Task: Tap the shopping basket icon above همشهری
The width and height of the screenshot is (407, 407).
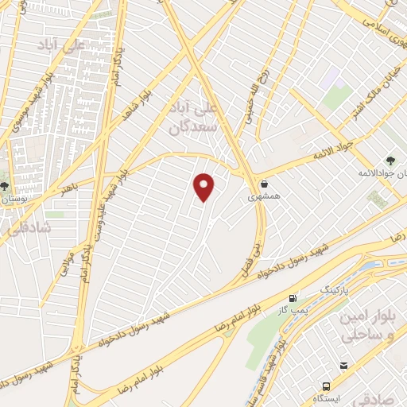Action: [264, 183]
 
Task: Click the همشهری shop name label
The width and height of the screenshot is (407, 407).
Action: [263, 196]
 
